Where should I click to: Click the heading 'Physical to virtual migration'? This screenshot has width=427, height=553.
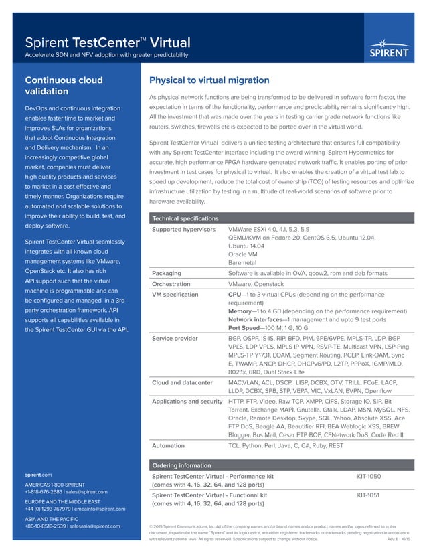tap(209, 80)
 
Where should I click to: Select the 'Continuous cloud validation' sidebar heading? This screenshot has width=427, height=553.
tap(64, 86)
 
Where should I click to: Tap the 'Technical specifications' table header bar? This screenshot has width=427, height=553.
tap(185, 218)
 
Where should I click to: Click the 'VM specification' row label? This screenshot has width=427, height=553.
tap(175, 294)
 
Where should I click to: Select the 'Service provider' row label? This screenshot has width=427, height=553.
tap(175, 338)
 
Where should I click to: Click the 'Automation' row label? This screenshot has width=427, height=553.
tap(169, 445)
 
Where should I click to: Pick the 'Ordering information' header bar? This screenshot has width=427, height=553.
tap(181, 465)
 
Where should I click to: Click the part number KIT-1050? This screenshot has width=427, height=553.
tap(369, 476)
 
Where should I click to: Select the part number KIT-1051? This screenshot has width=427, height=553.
tap(369, 495)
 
